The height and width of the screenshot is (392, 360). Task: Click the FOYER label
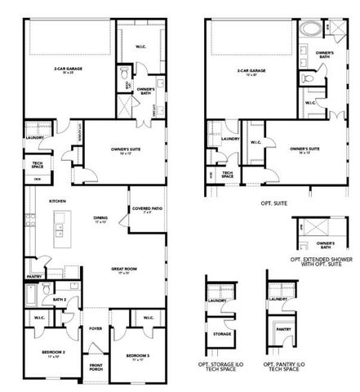(x=96, y=331)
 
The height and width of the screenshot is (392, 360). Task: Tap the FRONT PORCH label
(x=96, y=367)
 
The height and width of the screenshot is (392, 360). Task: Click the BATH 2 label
(x=59, y=300)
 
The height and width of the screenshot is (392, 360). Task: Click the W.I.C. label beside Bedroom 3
(x=148, y=318)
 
